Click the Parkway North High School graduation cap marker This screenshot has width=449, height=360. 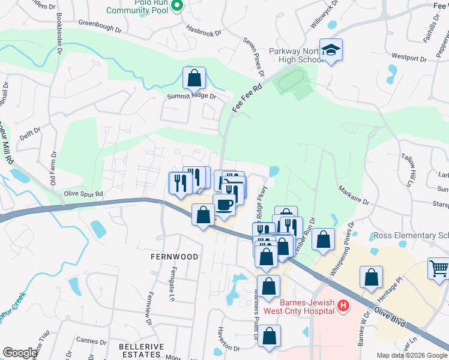pos(331,50)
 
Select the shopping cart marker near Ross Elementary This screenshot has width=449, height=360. pos(439,269)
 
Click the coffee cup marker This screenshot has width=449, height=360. pos(224,205)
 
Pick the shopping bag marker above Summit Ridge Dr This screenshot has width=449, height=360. pos(194,78)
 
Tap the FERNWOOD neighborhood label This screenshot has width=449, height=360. pos(174,256)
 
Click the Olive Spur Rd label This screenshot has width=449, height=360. pos(83,194)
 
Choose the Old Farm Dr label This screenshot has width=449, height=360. pos(52,166)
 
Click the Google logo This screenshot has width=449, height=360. pos(20,353)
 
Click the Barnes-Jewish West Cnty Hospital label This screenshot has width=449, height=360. pos(306,306)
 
